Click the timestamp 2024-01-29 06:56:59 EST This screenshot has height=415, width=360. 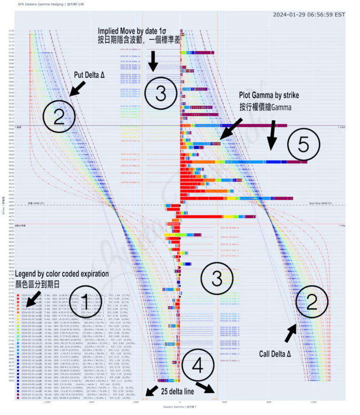[309, 14]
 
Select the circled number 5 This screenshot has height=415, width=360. [303, 146]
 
